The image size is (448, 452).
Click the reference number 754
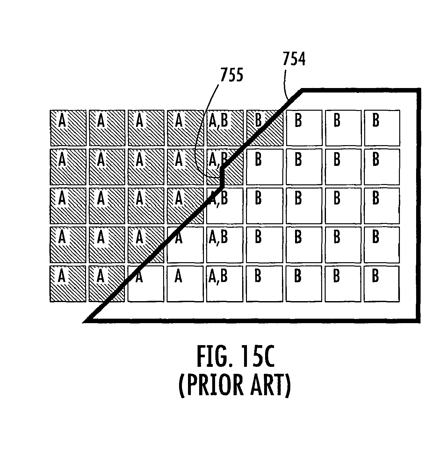coord(294,59)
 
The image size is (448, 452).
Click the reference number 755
coord(231,75)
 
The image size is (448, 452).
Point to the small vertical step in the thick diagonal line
coord(222,177)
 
